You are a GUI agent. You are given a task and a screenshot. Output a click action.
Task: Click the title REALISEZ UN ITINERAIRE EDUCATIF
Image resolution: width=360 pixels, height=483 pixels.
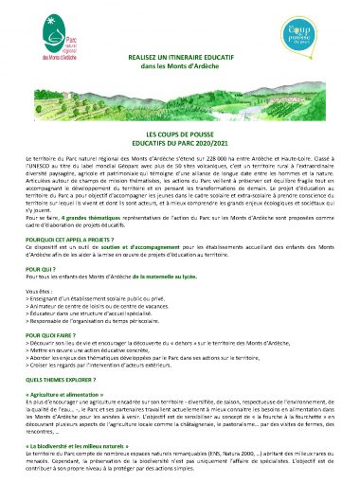tap(179, 58)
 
